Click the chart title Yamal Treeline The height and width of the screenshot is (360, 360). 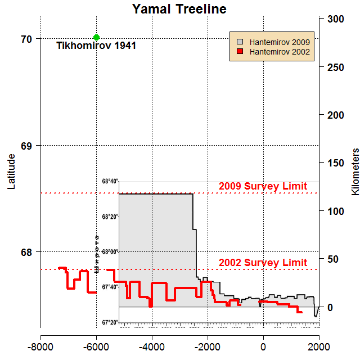point(179,9)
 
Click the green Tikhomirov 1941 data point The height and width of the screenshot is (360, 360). point(96,38)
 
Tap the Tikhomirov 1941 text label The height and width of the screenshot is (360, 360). point(96,46)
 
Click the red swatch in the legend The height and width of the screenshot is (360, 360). point(240,52)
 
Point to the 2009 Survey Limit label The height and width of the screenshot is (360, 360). point(263,186)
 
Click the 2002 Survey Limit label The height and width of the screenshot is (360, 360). point(263,263)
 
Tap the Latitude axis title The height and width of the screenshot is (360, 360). point(12,172)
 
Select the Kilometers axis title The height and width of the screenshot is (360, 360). point(355,172)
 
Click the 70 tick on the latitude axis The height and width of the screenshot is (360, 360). point(26,39)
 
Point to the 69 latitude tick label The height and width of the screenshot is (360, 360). point(26,146)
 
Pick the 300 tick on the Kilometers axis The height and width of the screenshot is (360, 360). point(336,19)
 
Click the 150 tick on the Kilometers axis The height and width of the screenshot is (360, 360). point(336,163)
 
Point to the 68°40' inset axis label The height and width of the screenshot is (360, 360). point(110,182)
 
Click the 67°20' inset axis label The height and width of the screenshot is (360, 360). point(110,322)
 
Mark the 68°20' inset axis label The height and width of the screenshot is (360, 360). point(110,217)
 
